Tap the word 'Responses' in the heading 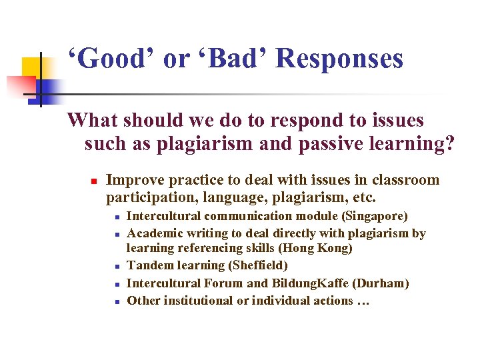pos(339,59)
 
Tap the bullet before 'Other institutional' pos(116,301)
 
